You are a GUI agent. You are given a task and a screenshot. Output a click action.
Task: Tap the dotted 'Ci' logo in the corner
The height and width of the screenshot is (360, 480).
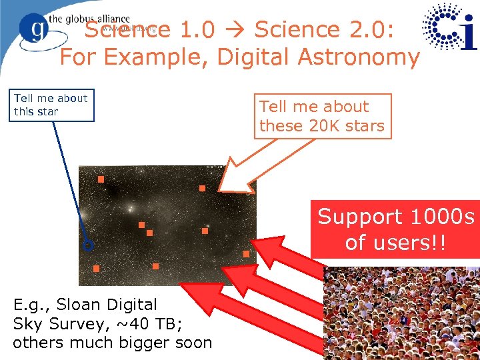(x=451, y=27)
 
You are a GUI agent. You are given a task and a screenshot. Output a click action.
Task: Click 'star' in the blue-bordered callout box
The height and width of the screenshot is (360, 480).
(x=47, y=112)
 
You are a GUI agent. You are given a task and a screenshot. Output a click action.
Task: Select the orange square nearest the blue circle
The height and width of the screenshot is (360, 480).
(x=96, y=268)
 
